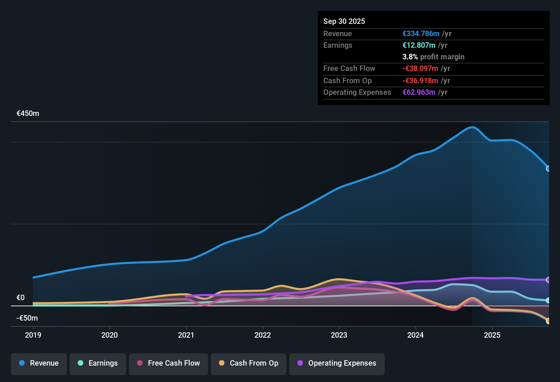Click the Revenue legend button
pyautogui.click(x=39, y=363)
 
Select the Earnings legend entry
pyautogui.click(x=98, y=363)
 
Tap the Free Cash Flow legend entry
pyautogui.click(x=168, y=363)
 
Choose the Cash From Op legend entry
pyautogui.click(x=249, y=363)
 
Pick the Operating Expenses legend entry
pyautogui.click(x=337, y=363)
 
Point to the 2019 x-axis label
pyautogui.click(x=33, y=335)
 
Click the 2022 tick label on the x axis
pyautogui.click(x=263, y=335)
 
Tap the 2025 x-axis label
pyautogui.click(x=492, y=335)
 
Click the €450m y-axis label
pyautogui.click(x=28, y=114)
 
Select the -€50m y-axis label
pyautogui.click(x=27, y=318)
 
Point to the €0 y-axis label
pyautogui.click(x=21, y=298)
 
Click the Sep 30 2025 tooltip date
pyautogui.click(x=344, y=21)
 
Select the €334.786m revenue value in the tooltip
pyautogui.click(x=421, y=34)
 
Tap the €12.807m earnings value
pyautogui.click(x=419, y=45)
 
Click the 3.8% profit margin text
pyautogui.click(x=433, y=57)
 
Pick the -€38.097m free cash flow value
pyautogui.click(x=420, y=69)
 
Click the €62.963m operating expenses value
pyautogui.click(x=419, y=92)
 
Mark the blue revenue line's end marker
pyautogui.click(x=548, y=168)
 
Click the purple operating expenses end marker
pyautogui.click(x=548, y=280)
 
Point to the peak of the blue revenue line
pyautogui.click(x=472, y=127)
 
